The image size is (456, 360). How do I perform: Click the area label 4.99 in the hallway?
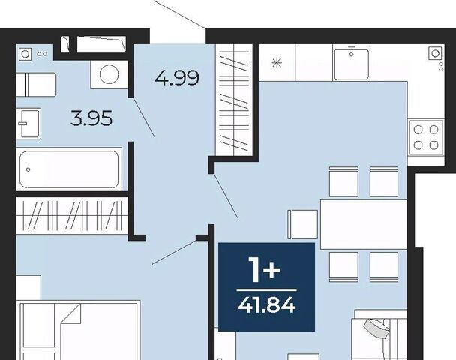(177, 78)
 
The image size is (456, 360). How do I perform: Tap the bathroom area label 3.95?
(91, 118)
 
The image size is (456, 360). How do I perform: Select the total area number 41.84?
(267, 305)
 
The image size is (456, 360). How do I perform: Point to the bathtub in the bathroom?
(69, 169)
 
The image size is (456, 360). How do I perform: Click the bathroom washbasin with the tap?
(28, 124)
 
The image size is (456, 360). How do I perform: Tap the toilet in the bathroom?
(36, 85)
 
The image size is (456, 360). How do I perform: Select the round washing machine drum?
(109, 74)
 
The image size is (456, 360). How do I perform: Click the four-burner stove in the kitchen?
(426, 137)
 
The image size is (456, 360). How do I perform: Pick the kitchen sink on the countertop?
(352, 64)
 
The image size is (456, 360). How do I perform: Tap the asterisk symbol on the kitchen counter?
(277, 63)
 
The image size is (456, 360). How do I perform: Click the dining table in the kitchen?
(364, 224)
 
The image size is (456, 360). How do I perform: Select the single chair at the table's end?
(303, 224)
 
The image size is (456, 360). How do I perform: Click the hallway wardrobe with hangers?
(234, 100)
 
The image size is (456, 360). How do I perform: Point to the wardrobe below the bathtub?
(72, 215)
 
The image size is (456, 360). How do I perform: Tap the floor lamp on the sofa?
(377, 328)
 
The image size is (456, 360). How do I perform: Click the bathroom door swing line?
(144, 117)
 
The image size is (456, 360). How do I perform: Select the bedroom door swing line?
(175, 252)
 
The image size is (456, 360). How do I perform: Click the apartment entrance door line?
(180, 14)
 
